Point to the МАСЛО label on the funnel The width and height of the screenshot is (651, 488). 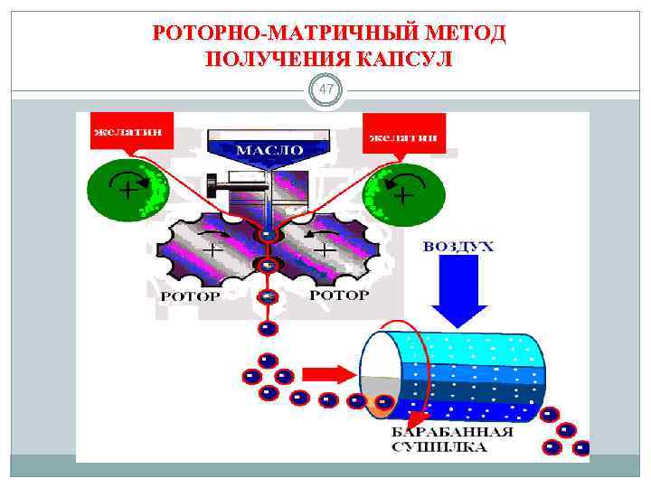click(x=269, y=148)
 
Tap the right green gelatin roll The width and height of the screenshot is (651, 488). click(x=403, y=192)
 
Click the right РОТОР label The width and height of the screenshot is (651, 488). click(x=339, y=296)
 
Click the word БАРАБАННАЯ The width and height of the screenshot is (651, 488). click(x=452, y=431)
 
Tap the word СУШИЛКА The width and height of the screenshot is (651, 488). click(x=439, y=446)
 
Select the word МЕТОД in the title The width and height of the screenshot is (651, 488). click(x=462, y=34)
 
